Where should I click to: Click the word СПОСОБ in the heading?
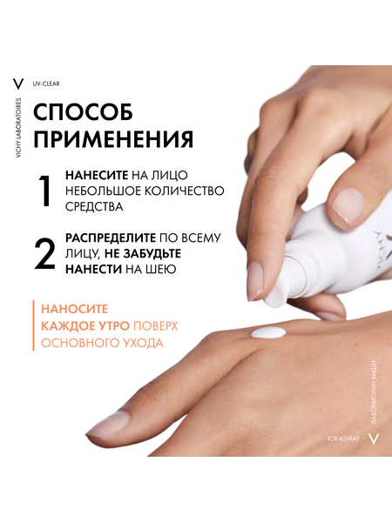pos(84,112)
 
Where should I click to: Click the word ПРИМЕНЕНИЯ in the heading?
pos(113,139)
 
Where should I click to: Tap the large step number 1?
pos(44,191)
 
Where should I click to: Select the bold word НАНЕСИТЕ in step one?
pos(97,175)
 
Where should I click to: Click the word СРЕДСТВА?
pos(94,207)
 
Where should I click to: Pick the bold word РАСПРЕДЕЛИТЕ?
pos(111,238)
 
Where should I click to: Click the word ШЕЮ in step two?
pos(161,270)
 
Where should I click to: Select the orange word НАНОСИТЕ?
pos(75,309)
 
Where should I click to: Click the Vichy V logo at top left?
pos(17,84)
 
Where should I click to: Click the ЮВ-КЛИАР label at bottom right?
pos(344,438)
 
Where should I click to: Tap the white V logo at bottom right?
pos(374,438)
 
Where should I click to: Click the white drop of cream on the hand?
pos(268,333)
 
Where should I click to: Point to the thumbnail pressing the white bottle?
pos(346,205)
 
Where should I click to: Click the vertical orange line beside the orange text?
pos(33,325)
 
